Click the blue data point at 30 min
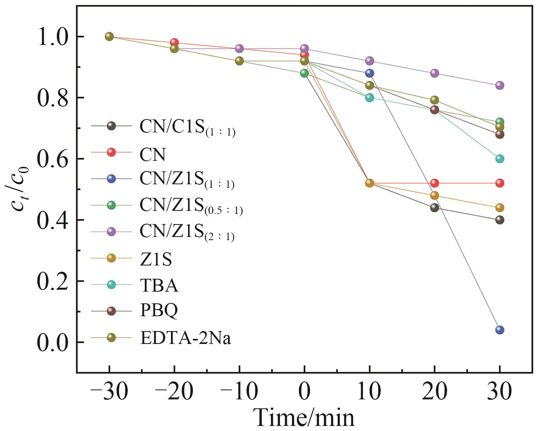point(499,330)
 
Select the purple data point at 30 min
point(499,85)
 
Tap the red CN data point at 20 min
point(435,183)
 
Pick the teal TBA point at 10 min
point(369,97)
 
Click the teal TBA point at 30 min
point(499,159)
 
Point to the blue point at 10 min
point(369,73)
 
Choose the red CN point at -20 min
point(174,43)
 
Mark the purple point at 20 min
point(435,73)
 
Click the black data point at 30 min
point(499,220)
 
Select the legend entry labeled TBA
point(159,286)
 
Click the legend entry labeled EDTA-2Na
point(185,338)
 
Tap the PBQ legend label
point(159,311)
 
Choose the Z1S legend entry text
point(156,259)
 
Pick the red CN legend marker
point(111,152)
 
